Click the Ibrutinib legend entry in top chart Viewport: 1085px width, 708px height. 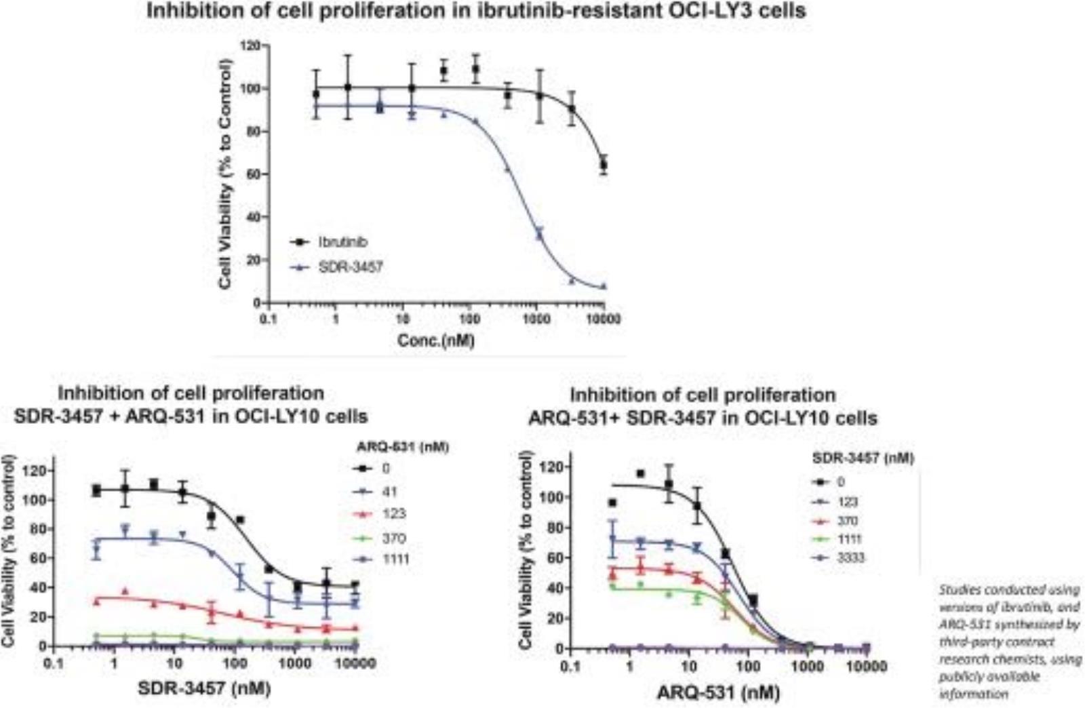[342, 242]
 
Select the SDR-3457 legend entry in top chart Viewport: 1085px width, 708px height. [350, 267]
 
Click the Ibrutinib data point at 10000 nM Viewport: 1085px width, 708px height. [604, 165]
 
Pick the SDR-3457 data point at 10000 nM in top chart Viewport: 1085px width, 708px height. [604, 286]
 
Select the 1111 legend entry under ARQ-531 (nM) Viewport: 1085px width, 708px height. [395, 559]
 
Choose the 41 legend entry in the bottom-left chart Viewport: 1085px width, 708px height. [389, 492]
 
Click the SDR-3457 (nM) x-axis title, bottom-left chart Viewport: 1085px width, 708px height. [204, 688]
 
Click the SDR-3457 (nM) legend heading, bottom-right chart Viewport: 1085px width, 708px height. [863, 458]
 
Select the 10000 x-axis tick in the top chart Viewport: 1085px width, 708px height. [603, 319]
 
